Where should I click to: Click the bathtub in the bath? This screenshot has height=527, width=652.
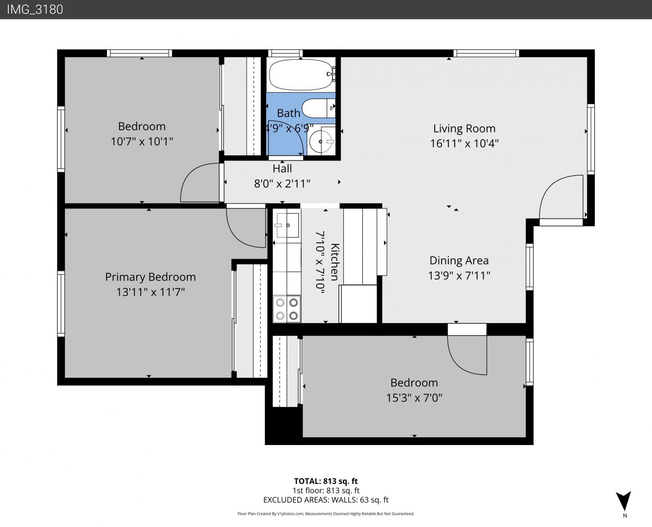point(301,75)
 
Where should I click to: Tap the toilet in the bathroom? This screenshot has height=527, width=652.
point(318,108)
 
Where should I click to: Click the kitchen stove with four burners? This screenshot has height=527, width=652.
point(287,308)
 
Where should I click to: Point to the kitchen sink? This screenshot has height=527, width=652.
point(288,225)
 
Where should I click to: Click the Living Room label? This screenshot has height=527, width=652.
point(464,128)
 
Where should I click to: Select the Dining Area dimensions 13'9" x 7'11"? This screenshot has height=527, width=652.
point(459,276)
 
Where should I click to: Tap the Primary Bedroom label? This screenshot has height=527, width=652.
point(150,277)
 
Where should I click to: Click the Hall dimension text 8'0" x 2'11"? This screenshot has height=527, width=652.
point(282,183)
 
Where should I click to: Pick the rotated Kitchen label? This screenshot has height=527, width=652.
point(335,262)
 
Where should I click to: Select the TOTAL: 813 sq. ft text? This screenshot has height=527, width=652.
point(326,481)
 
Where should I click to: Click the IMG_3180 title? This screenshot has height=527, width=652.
point(35,9)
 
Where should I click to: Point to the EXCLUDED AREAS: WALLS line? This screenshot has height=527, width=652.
point(326,500)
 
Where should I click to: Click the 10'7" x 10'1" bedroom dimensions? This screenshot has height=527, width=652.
point(142,142)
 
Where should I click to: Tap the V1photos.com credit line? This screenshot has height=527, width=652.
point(326,514)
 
